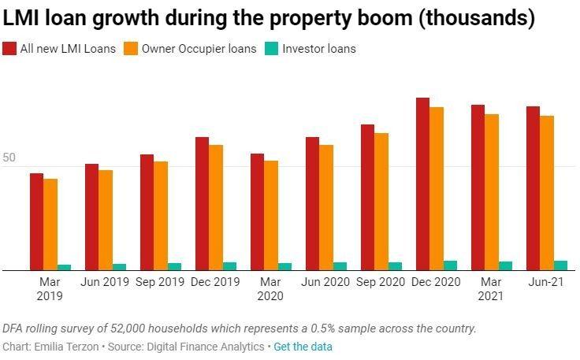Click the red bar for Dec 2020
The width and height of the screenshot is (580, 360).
[422, 184]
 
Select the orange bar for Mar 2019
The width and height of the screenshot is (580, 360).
[50, 225]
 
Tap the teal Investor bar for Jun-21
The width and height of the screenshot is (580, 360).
[560, 265]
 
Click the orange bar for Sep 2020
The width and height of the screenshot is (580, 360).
[381, 202]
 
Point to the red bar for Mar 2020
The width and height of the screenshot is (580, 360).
[257, 212]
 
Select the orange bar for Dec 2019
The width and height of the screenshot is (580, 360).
[216, 208]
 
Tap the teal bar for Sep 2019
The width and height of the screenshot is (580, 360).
[174, 266]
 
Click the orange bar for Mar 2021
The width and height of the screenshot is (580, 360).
[492, 192]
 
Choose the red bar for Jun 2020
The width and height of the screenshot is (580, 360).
[312, 204]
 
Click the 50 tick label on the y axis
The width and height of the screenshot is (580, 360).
[9, 158]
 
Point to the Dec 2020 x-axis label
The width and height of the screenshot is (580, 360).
[437, 281]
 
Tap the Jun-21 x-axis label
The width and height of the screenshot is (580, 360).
[546, 281]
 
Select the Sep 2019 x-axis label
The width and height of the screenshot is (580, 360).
[161, 281]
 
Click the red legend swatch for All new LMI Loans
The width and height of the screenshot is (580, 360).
[9, 49]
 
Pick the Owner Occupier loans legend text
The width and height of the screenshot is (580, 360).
[199, 49]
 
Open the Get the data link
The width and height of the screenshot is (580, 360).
[303, 347]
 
